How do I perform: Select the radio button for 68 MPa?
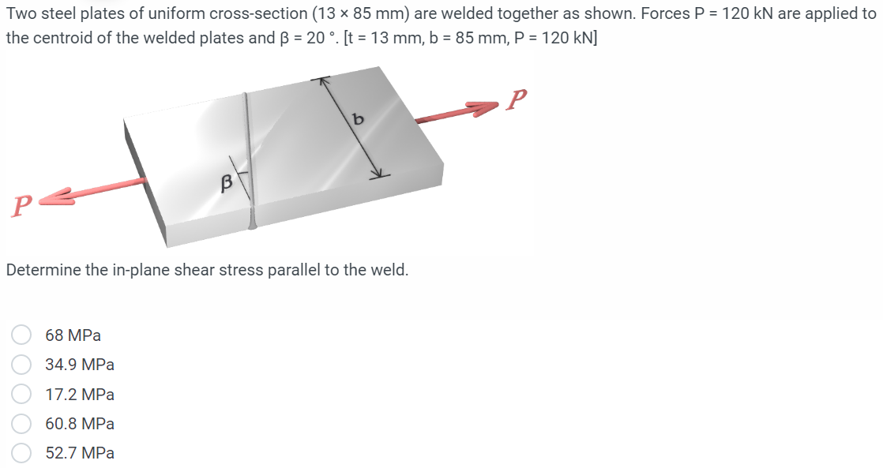[21, 335]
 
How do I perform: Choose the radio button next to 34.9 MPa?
[21, 365]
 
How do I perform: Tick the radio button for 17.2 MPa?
[21, 394]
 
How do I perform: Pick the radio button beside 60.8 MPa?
[21, 424]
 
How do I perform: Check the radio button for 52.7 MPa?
[21, 453]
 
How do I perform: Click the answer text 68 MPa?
[73, 335]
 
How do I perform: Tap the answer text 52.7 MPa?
[80, 453]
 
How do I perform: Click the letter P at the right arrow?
[518, 99]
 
